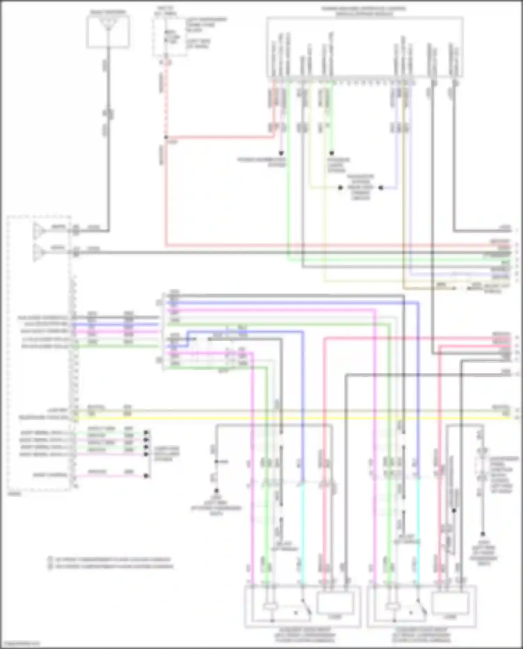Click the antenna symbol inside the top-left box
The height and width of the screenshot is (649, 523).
(108, 25)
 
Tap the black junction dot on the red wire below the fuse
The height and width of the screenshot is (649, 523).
(166, 137)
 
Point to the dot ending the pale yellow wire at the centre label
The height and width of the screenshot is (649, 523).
(340, 188)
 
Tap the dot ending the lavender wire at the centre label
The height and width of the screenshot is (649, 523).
(381, 188)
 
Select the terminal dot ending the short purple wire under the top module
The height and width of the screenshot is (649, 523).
(281, 153)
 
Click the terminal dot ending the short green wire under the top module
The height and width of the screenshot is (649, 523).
(332, 153)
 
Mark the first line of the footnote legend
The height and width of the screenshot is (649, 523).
(110, 559)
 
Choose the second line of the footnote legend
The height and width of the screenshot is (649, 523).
(110, 566)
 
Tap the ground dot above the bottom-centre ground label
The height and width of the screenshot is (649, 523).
(216, 490)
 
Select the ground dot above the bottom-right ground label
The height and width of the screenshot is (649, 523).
(483, 534)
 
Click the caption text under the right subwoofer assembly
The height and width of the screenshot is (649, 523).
(421, 635)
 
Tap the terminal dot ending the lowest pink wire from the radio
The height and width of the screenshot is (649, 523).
(147, 476)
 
